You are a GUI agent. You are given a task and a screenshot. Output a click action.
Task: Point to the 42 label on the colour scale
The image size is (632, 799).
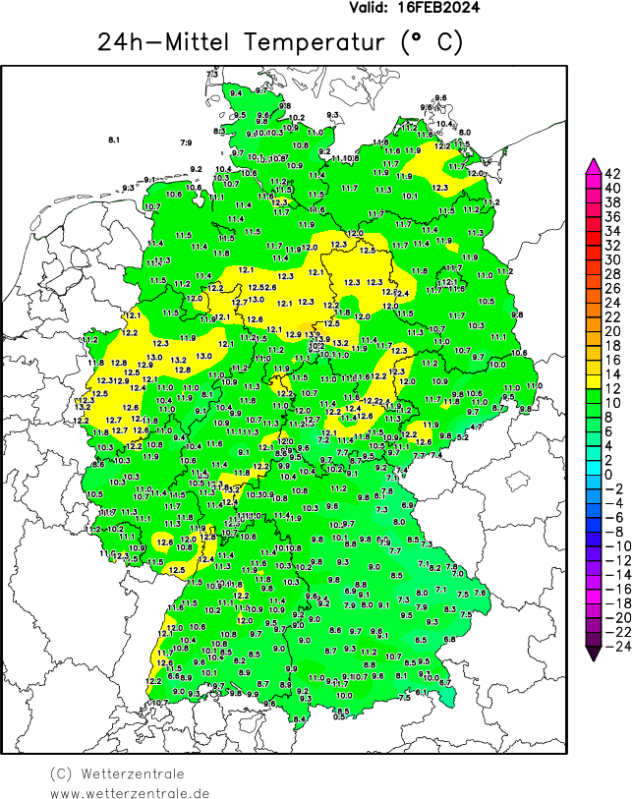(x=611, y=173)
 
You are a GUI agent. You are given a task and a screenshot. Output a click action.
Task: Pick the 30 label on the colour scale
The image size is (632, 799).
(x=611, y=259)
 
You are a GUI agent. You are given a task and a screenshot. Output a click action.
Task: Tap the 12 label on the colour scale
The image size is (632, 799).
(x=611, y=388)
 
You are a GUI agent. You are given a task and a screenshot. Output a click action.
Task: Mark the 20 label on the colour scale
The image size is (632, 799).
(x=611, y=331)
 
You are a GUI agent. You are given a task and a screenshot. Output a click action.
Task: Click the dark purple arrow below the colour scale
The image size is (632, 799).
(x=593, y=648)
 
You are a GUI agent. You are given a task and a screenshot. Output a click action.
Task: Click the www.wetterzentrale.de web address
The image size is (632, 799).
(x=130, y=792)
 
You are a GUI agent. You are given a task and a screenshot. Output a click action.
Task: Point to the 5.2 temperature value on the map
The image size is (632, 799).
(x=462, y=436)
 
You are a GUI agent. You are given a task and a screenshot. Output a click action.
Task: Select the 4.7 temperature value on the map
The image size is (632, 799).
(x=476, y=428)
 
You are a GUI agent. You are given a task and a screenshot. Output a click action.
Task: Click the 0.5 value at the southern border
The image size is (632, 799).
(x=340, y=716)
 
